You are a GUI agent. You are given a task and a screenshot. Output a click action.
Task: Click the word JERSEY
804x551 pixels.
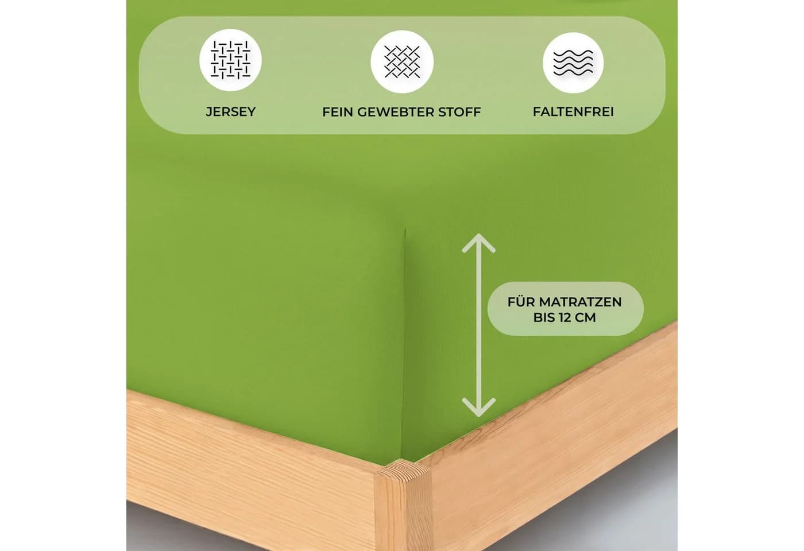tap(230, 111)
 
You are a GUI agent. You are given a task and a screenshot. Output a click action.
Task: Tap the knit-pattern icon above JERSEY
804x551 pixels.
tap(230, 60)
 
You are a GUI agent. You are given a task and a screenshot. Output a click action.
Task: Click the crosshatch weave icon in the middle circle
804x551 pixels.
tap(401, 62)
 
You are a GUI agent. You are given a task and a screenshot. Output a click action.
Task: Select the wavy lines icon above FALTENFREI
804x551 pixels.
tap(573, 63)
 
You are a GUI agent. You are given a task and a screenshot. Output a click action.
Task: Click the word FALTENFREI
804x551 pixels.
tap(573, 111)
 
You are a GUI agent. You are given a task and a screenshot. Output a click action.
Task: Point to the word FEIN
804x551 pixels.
tap(338, 112)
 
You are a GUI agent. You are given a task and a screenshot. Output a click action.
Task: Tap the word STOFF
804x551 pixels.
tap(459, 112)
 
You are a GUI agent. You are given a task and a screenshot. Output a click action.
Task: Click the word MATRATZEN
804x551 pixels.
tap(580, 302)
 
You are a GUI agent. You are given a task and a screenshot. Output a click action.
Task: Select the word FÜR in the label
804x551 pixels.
tap(521, 301)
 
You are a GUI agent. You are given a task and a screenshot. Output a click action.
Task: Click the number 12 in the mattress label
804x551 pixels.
tap(565, 317)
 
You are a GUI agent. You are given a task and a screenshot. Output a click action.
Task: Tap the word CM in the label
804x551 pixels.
tap(586, 317)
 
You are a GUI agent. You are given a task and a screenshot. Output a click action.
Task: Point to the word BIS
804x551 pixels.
tap(544, 317)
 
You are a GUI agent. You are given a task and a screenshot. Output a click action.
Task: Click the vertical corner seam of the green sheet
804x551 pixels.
tap(403, 344)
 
